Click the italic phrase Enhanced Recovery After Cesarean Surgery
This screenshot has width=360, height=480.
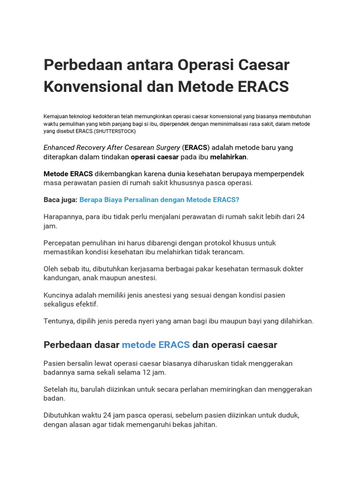[112, 147]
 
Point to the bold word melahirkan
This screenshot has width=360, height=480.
[228, 157]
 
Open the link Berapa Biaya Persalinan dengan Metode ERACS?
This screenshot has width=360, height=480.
[159, 200]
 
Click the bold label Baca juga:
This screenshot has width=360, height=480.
[60, 200]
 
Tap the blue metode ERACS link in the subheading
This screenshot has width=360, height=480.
[156, 345]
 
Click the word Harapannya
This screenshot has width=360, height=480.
[64, 217]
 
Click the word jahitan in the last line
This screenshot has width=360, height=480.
[203, 425]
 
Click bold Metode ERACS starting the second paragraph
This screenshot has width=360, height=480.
[68, 173]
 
